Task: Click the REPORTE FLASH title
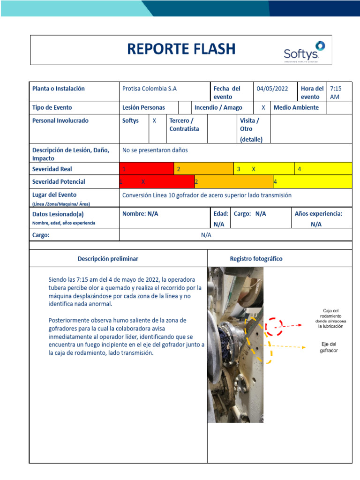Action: pos(181,49)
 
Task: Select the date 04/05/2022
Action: pos(272,89)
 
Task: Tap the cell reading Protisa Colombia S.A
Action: pos(150,89)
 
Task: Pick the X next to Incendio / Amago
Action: pos(263,107)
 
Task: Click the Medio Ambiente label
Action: pos(296,107)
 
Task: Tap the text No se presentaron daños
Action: pos(155,150)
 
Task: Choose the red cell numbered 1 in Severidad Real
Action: pos(147,169)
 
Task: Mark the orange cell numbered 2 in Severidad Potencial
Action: pos(233,181)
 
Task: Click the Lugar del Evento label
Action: pos(54,195)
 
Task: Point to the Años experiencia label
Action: pos(318,214)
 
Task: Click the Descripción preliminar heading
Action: pos(108,259)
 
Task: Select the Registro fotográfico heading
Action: pos(256,259)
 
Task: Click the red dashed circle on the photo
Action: pos(274,326)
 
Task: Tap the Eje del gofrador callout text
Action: pos(329,347)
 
